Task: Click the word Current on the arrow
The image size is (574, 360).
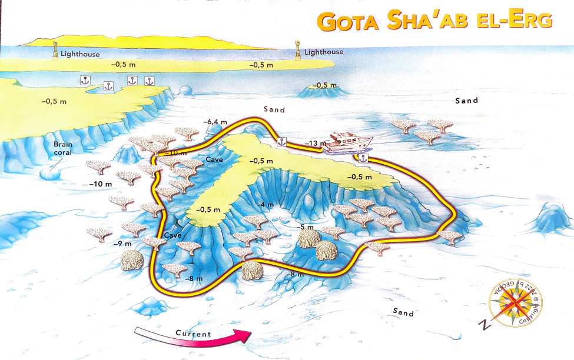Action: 193,334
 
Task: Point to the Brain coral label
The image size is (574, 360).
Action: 62,148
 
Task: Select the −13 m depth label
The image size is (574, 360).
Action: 316,143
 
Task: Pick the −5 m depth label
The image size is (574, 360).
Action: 305,227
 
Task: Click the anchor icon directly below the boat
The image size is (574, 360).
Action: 362,158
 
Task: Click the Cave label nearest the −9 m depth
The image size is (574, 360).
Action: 172,235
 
